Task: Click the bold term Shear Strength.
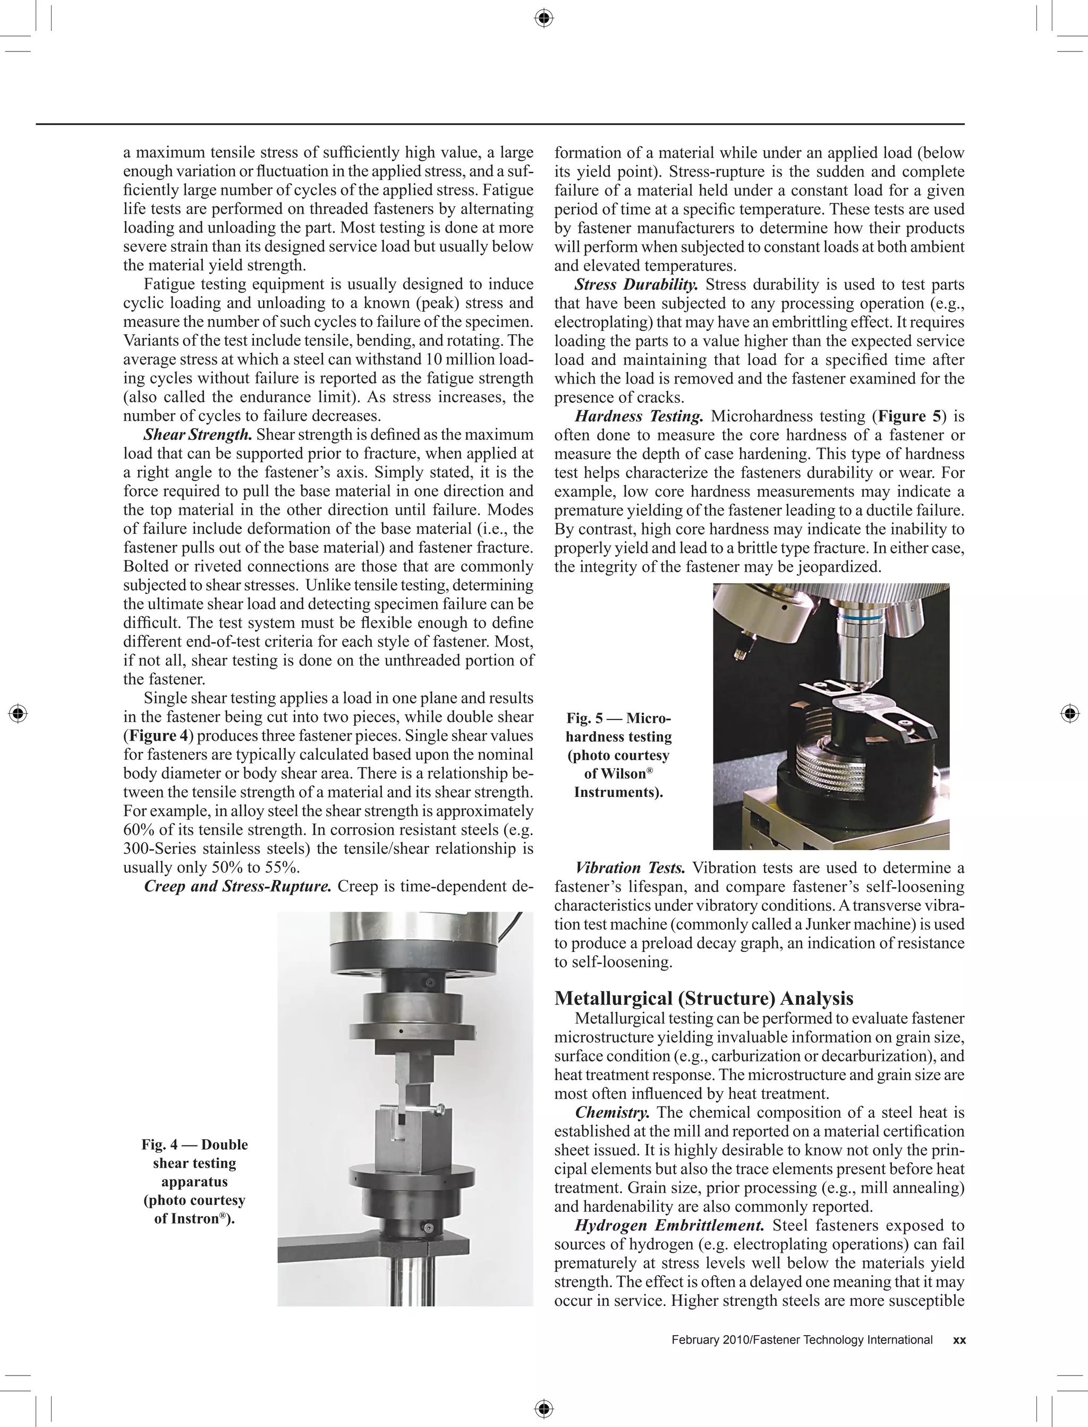click(198, 435)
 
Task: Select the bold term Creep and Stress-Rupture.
click(237, 886)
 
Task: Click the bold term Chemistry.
click(612, 1112)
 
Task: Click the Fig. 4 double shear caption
click(194, 1182)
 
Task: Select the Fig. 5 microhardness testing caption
click(618, 755)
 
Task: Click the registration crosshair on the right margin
click(1070, 714)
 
